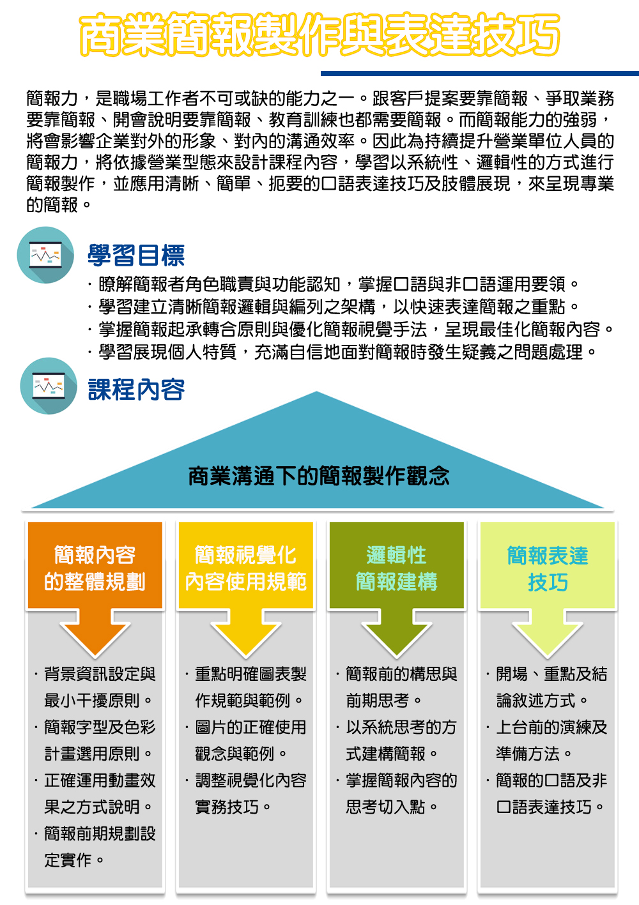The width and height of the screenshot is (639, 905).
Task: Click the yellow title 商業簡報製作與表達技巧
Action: [319, 34]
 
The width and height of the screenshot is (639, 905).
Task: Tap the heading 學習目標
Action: [136, 255]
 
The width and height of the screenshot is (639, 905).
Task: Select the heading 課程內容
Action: [136, 390]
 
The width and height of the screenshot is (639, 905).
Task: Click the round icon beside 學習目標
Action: [45, 255]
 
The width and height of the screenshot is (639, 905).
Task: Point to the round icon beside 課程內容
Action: [49, 386]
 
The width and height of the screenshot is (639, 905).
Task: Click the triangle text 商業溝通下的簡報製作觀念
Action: [319, 476]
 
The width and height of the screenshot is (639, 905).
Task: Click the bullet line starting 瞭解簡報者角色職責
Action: [333, 284]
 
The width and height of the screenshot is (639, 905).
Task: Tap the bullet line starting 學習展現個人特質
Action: [342, 352]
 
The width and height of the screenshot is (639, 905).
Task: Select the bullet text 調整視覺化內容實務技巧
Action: [247, 794]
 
